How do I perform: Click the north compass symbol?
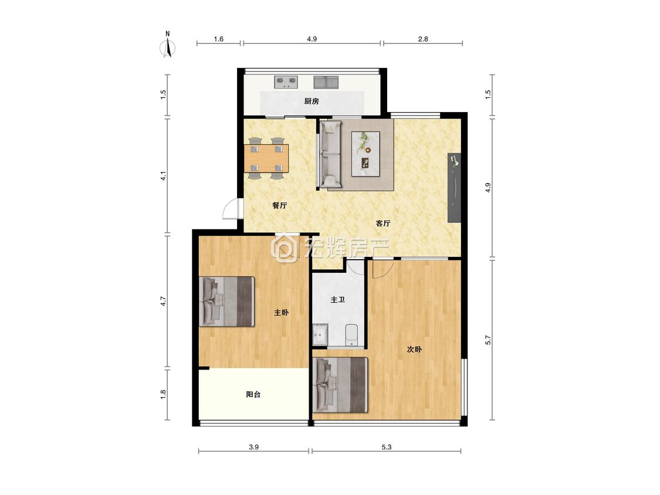(168, 46)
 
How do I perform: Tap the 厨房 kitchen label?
(312, 101)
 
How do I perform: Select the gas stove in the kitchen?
(286, 82)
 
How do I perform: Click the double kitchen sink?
(326, 82)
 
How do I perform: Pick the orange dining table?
(266, 158)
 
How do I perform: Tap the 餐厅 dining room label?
(279, 205)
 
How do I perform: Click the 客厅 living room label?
(383, 223)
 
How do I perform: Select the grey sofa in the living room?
(331, 154)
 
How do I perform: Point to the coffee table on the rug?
(365, 153)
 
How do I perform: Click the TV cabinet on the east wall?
(454, 187)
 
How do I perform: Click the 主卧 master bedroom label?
(281, 313)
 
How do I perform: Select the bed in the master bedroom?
(227, 301)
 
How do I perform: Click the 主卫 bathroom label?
(337, 300)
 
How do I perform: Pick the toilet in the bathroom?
(351, 335)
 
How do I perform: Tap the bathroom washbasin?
(320, 335)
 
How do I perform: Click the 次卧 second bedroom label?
(414, 349)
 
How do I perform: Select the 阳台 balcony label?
(253, 394)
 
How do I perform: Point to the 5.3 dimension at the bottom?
(387, 447)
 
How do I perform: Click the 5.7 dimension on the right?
(488, 340)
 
